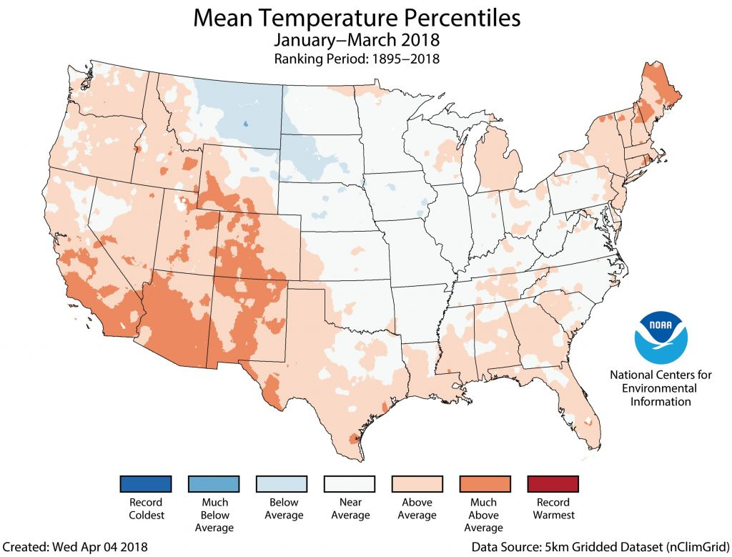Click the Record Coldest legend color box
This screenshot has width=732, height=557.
146,484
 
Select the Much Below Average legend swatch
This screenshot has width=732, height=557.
214,484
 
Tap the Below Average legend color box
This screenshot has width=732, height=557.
283,484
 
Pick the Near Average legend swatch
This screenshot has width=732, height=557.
350,484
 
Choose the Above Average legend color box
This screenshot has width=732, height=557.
417,484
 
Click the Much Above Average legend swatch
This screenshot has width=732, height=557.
484,484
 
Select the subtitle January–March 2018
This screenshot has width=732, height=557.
357,41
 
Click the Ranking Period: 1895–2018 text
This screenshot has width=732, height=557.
357,59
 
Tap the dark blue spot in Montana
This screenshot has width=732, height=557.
246,122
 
